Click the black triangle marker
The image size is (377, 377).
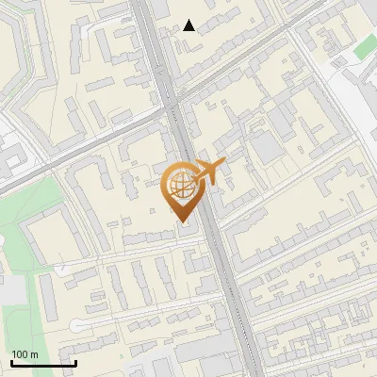point(189,25)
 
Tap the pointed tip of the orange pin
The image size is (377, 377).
point(182,222)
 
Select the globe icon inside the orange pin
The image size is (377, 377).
point(182,186)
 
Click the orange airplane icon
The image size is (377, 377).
point(209,172)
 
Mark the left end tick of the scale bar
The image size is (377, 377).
point(11,363)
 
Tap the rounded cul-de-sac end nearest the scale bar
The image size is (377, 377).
point(76,325)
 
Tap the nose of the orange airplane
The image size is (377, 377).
point(225,164)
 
